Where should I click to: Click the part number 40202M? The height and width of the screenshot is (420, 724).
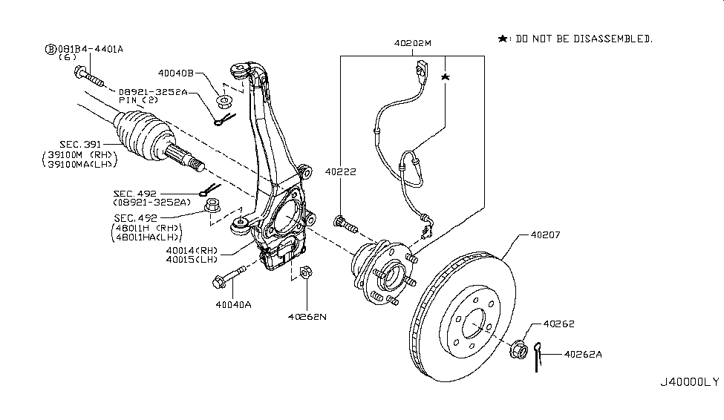click(412, 44)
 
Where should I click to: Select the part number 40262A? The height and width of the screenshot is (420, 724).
click(583, 354)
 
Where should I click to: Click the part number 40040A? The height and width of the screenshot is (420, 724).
click(233, 303)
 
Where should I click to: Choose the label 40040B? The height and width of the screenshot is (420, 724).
click(175, 73)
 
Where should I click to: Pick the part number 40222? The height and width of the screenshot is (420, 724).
click(341, 171)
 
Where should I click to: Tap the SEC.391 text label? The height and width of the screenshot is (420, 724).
click(82, 144)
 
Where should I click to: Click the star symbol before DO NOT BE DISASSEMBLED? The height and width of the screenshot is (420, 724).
click(503, 38)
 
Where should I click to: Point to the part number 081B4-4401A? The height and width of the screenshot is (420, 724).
click(90, 49)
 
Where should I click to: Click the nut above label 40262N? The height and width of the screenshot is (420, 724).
click(305, 274)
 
